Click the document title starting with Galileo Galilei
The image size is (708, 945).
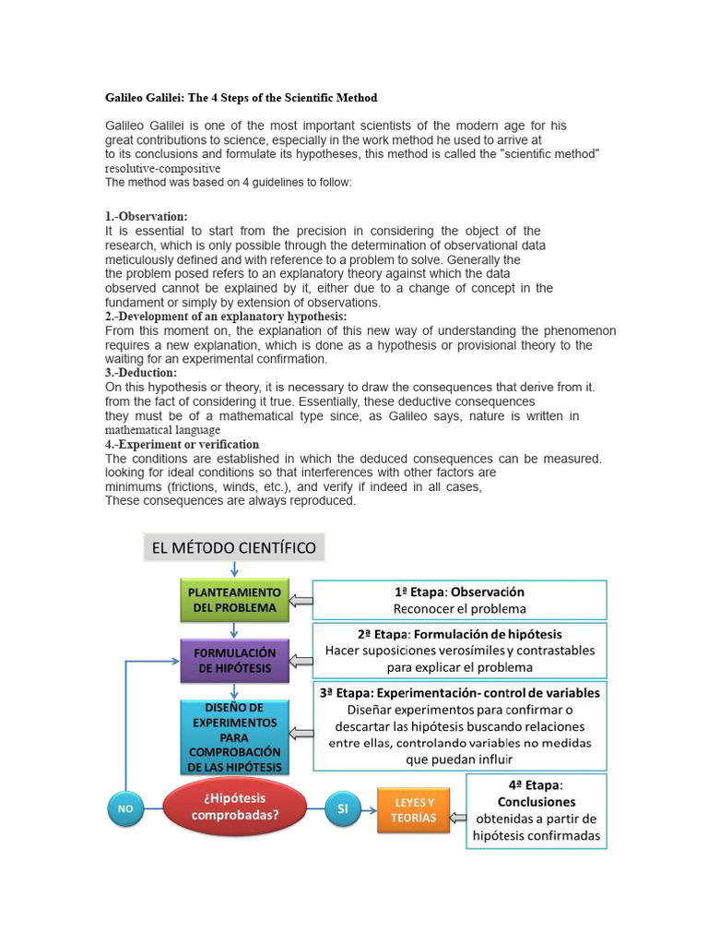point(241,98)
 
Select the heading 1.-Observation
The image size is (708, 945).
point(147,216)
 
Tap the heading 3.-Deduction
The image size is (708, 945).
point(141,373)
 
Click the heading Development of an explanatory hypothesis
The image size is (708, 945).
point(226,317)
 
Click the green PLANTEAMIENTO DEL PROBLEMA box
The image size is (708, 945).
point(234,599)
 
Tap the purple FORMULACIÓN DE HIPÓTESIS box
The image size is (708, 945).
point(234,660)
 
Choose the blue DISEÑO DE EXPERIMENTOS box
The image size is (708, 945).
point(234,736)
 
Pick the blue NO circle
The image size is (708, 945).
point(124,808)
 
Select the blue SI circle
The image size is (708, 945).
point(342,808)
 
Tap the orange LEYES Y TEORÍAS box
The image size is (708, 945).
point(413,809)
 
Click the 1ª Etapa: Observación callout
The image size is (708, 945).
point(459,600)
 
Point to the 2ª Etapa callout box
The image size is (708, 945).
point(459,651)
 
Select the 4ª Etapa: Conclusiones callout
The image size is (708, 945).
point(536,810)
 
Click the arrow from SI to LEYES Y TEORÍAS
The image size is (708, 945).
point(368,809)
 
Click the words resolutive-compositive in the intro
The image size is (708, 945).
point(162,170)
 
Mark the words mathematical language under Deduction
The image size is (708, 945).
point(162,430)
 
